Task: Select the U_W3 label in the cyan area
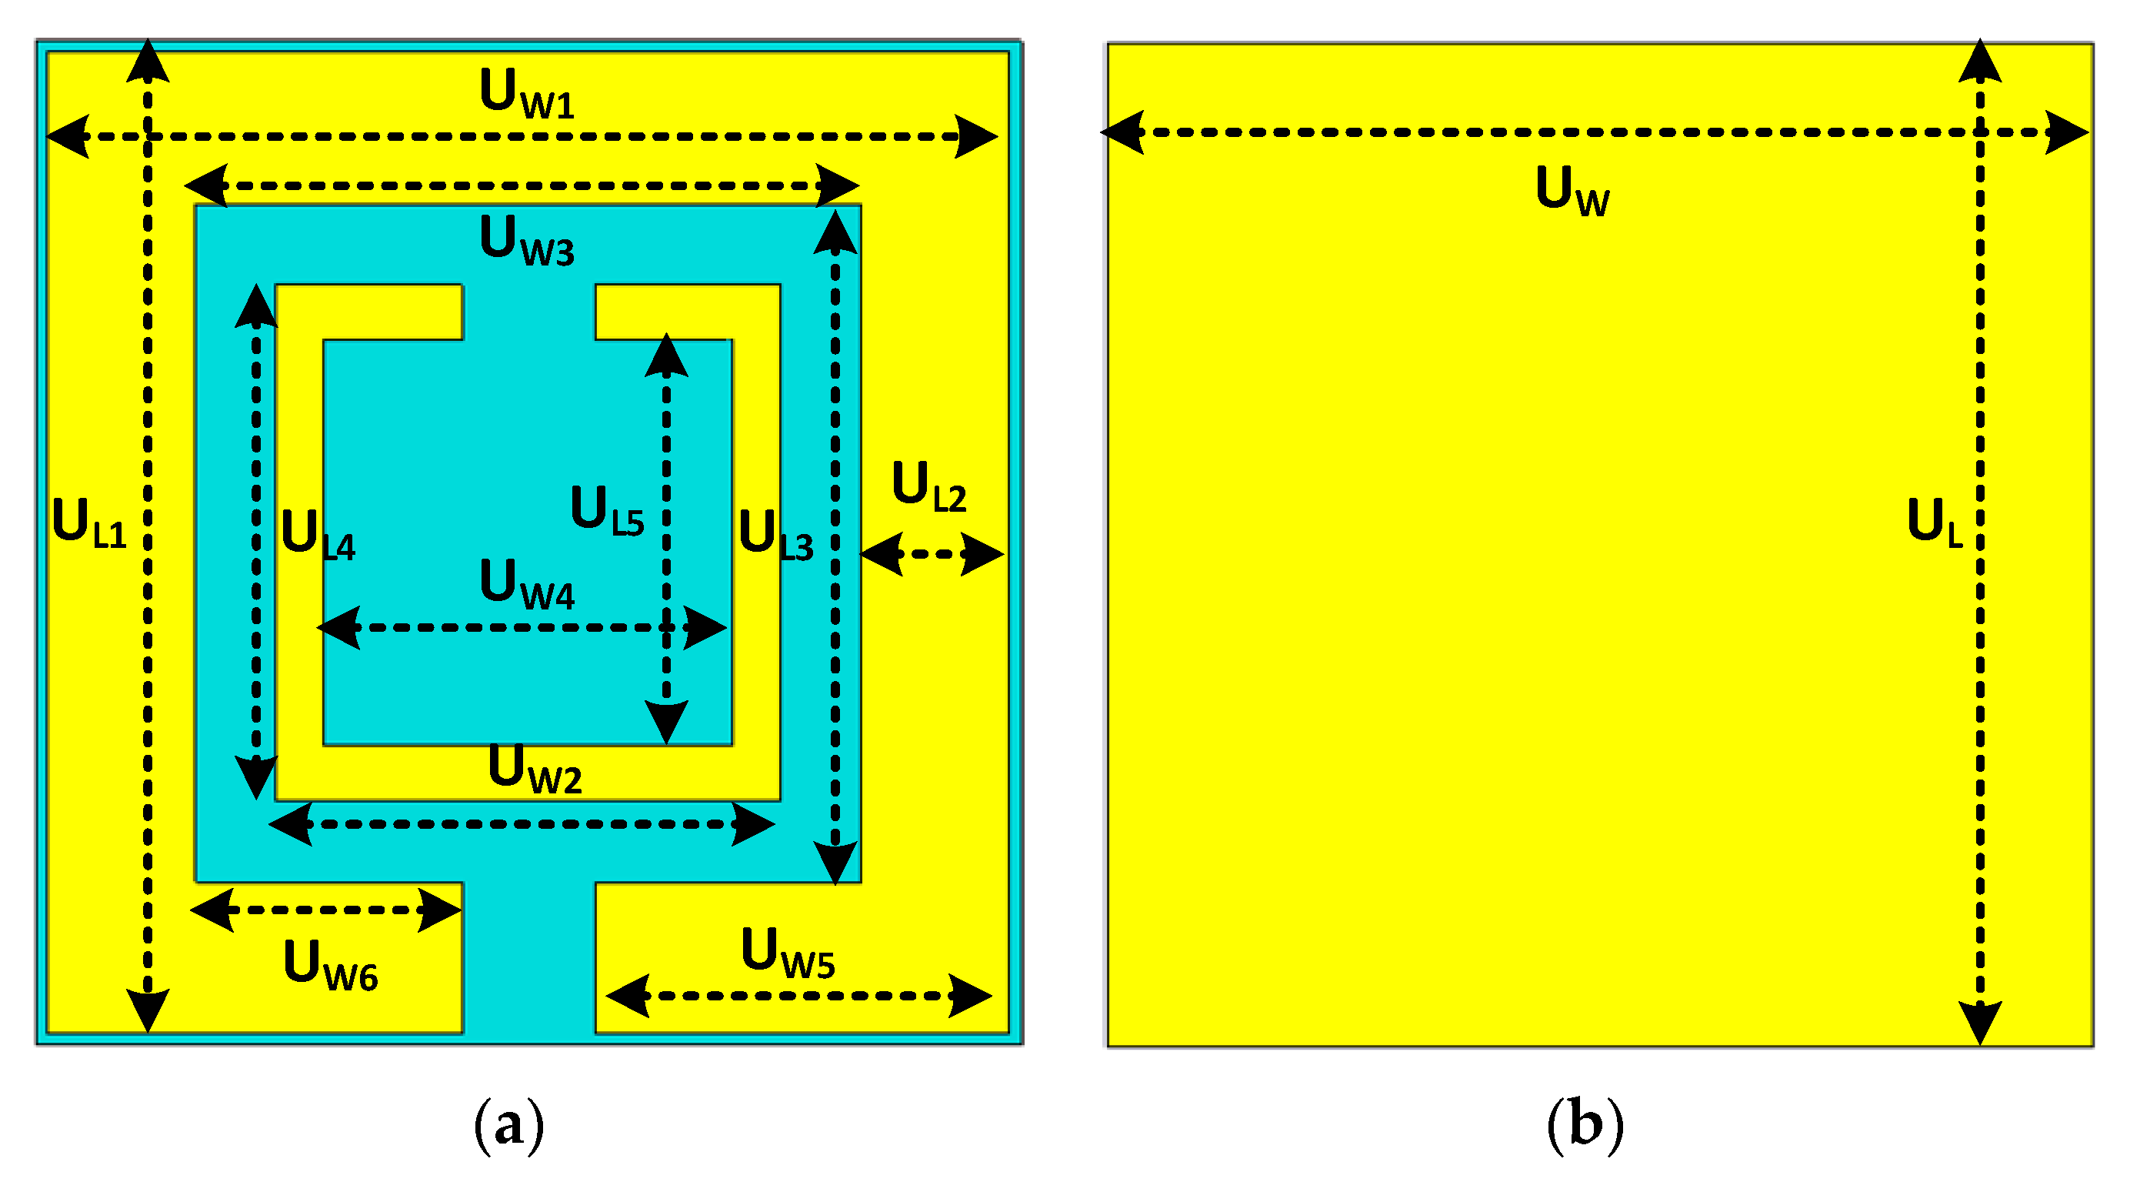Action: (527, 241)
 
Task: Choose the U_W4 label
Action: (527, 585)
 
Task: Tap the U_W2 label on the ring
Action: (535, 770)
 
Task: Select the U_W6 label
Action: (330, 965)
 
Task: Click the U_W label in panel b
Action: (1572, 191)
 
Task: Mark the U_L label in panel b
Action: (1934, 523)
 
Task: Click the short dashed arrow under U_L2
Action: (932, 554)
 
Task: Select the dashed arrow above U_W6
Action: (326, 910)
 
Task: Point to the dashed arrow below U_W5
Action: (798, 996)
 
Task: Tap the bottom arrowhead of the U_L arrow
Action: (1979, 1024)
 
